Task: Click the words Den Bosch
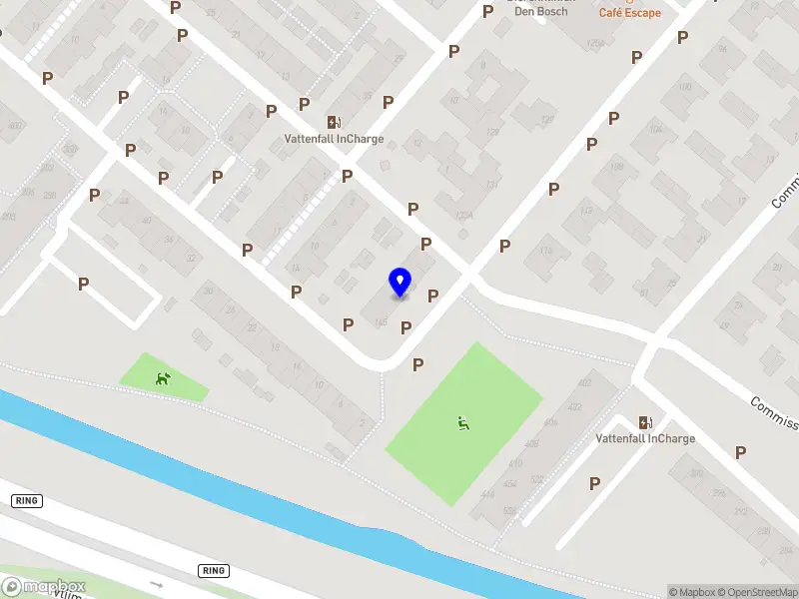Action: pos(540,12)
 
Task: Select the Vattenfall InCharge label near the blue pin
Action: pos(333,140)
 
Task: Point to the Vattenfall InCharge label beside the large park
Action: pos(645,439)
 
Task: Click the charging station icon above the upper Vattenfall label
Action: pos(333,122)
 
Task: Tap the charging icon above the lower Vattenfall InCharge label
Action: pos(645,422)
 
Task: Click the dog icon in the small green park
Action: pos(162,378)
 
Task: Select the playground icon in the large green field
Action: pos(463,423)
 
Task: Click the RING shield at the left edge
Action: pos(27,500)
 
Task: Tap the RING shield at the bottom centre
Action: pos(213,571)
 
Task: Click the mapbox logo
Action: pos(44,586)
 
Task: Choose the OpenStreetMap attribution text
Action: pos(756,592)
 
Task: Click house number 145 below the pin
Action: pos(380,322)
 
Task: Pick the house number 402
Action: pos(584,383)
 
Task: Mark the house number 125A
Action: pos(595,44)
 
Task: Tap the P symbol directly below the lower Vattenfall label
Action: pos(595,483)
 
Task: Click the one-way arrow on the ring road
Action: pos(156,583)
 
